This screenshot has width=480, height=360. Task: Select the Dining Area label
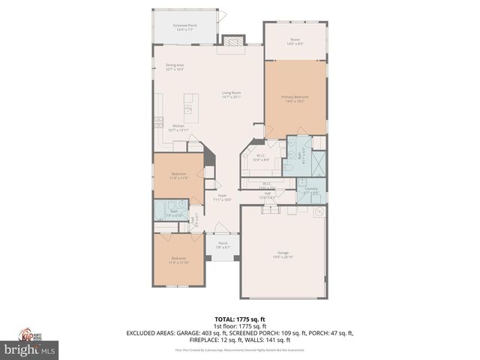(175, 67)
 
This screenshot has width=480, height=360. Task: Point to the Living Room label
(230, 95)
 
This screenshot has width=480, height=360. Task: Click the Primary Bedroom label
(295, 99)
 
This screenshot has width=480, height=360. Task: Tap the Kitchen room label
(178, 127)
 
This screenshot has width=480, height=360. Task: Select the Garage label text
(283, 256)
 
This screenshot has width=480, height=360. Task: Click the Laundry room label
(311, 190)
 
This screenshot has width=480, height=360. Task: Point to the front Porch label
(223, 245)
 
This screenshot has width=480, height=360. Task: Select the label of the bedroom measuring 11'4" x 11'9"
(178, 176)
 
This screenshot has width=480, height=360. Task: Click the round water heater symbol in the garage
(319, 212)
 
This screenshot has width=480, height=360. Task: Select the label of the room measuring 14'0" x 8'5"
(295, 42)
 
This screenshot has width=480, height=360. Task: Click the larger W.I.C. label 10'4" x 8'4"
(261, 158)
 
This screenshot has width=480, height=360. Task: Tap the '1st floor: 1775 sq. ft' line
(240, 326)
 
